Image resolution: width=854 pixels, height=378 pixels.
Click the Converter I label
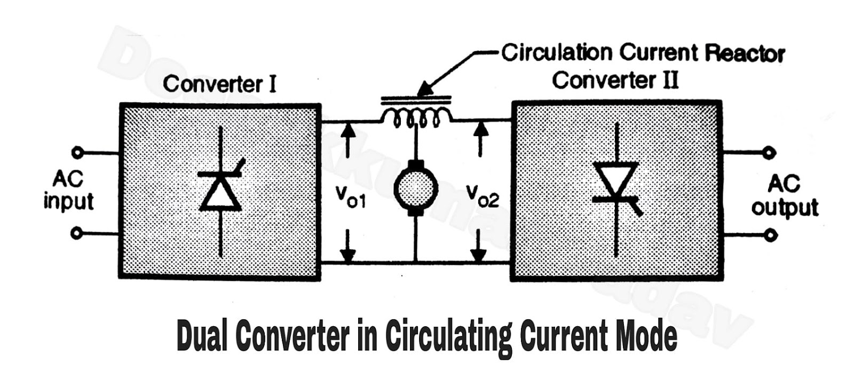point(219,84)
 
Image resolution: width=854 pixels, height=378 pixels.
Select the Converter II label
point(615,80)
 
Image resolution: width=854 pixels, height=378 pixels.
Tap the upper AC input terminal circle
point(77,153)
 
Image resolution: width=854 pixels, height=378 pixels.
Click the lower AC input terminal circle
point(77,233)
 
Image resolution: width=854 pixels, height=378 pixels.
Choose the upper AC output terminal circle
point(769,153)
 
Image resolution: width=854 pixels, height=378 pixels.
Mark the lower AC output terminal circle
point(769,235)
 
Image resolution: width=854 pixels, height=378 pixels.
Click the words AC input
point(68,190)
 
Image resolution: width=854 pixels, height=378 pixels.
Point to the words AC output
point(784,195)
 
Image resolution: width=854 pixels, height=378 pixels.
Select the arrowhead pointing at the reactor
point(425,90)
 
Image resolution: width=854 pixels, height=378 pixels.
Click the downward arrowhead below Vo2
point(478,255)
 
